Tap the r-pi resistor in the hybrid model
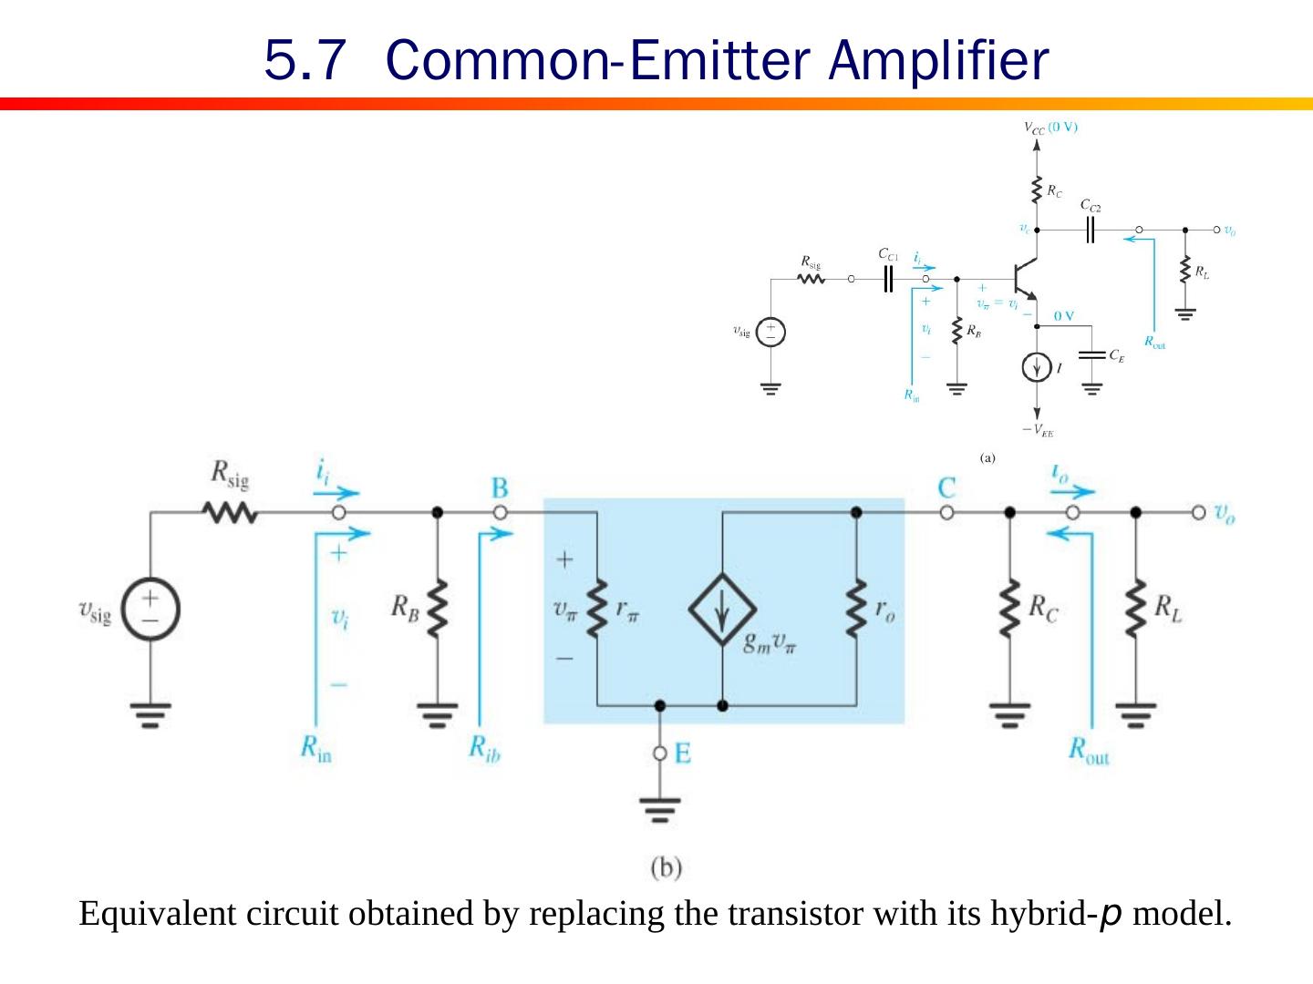tap(597, 609)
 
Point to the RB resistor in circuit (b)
tap(438, 609)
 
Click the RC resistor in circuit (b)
tap(1009, 609)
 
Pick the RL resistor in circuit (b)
tap(1135, 609)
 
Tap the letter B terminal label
tap(500, 487)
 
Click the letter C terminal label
tap(946, 487)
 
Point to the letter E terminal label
tap(682, 753)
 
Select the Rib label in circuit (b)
tap(484, 749)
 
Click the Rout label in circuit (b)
tap(1089, 751)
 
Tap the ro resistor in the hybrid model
tap(856, 609)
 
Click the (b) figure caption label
tap(666, 867)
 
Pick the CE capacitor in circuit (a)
tap(1092, 354)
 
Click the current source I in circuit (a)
tap(1037, 367)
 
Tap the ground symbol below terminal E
tap(660, 808)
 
